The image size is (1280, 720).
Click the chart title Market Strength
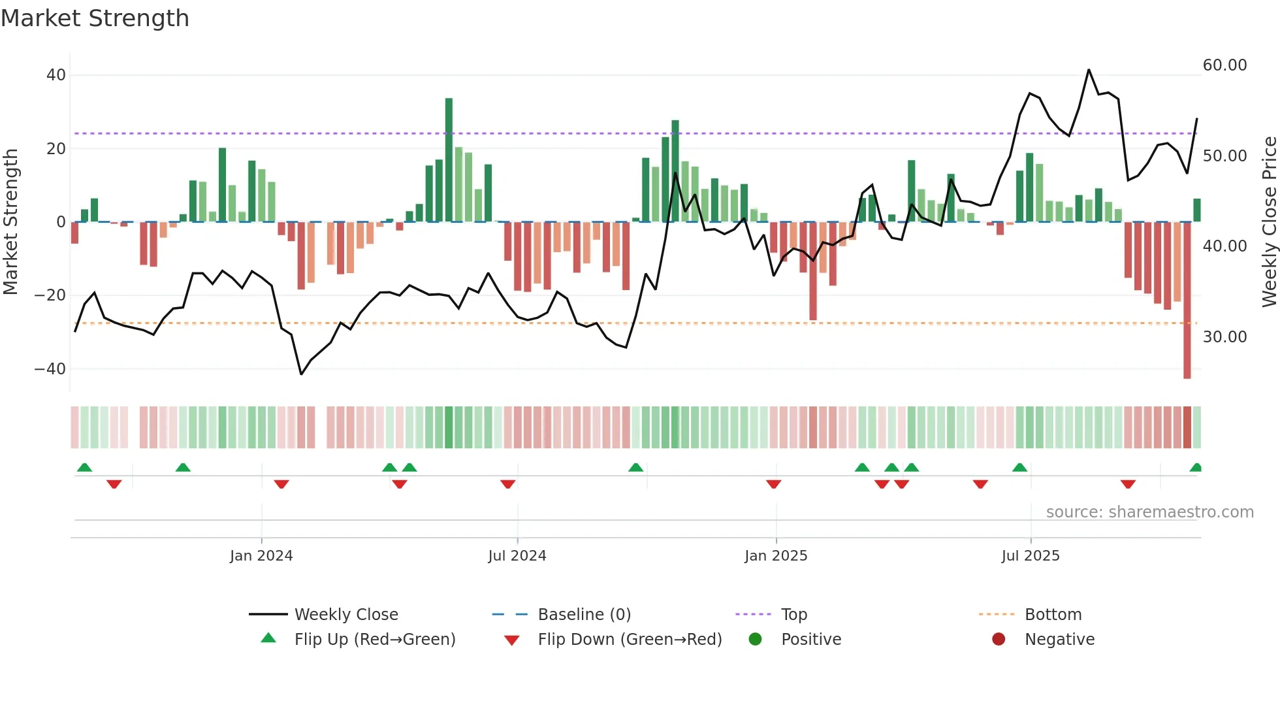(95, 18)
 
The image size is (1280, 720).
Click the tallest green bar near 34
(449, 160)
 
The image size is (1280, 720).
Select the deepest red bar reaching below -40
(1187, 301)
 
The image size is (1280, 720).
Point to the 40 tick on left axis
(56, 75)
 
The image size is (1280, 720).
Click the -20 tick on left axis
(50, 295)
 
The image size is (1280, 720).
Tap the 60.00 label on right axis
(1224, 65)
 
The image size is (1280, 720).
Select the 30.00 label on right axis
(1224, 337)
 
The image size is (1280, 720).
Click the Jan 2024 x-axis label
(261, 556)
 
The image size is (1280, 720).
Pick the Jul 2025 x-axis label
(1030, 556)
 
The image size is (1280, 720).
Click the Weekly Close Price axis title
(1269, 222)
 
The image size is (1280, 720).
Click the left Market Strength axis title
(10, 222)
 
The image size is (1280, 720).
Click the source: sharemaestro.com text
(1149, 512)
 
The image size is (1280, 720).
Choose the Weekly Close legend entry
(345, 615)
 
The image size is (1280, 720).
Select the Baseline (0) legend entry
(584, 615)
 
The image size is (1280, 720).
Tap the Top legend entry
(793, 615)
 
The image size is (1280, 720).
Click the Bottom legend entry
(1053, 615)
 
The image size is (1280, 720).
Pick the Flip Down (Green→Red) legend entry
(630, 640)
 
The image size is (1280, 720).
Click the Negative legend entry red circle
(999, 640)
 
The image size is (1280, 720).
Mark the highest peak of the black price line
(1089, 70)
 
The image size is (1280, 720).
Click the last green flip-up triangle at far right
(1196, 468)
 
